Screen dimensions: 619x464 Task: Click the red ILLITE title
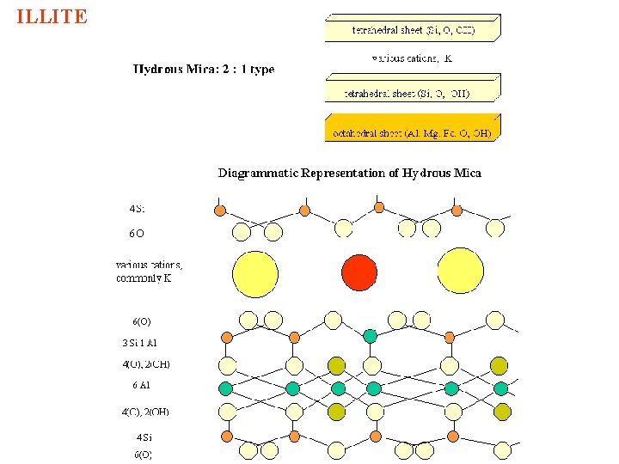52,17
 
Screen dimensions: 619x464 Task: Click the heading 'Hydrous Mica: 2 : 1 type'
204,70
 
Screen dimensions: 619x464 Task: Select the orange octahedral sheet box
412,128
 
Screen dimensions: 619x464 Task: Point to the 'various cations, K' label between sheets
412,58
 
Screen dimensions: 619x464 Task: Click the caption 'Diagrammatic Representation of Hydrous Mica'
349,173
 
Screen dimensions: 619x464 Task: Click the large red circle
359,272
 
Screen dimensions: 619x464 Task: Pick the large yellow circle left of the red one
254,274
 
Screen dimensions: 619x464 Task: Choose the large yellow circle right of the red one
461,272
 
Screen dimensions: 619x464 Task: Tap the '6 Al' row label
142,385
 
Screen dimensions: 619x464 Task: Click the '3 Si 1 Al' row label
140,343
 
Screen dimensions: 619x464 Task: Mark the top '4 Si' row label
138,209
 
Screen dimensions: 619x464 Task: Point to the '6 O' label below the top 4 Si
137,233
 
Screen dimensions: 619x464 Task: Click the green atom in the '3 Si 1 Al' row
370,335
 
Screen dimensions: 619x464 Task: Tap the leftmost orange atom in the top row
220,211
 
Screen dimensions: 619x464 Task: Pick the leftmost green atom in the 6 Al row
227,388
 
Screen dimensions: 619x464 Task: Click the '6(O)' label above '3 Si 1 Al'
142,321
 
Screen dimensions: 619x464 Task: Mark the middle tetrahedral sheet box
412,89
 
